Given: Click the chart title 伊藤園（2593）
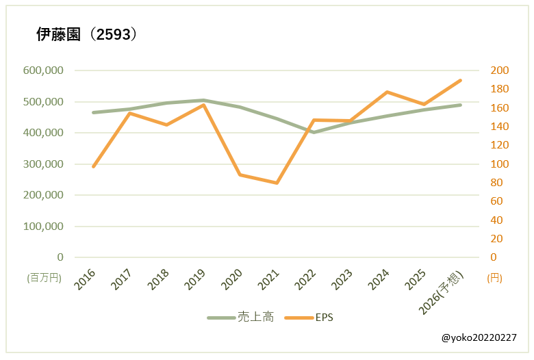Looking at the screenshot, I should tap(87, 36).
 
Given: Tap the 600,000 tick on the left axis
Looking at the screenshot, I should tap(43, 70).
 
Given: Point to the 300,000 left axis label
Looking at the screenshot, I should tap(43, 164).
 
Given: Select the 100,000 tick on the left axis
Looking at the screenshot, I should tap(43, 227).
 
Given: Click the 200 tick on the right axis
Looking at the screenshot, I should tap(500, 70).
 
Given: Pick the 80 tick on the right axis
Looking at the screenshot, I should tap(497, 183).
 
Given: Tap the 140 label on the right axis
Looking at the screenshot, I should tap(500, 127).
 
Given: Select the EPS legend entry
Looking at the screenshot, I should tap(309, 318).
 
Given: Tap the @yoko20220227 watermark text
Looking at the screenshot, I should tap(479, 338).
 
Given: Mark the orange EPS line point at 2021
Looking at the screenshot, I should tap(277, 183).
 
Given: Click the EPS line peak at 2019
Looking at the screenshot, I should tap(203, 105).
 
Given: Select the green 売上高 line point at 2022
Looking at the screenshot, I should tap(314, 132).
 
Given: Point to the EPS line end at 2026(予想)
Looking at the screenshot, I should tap(461, 80).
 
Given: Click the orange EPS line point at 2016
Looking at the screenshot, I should tap(93, 166).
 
